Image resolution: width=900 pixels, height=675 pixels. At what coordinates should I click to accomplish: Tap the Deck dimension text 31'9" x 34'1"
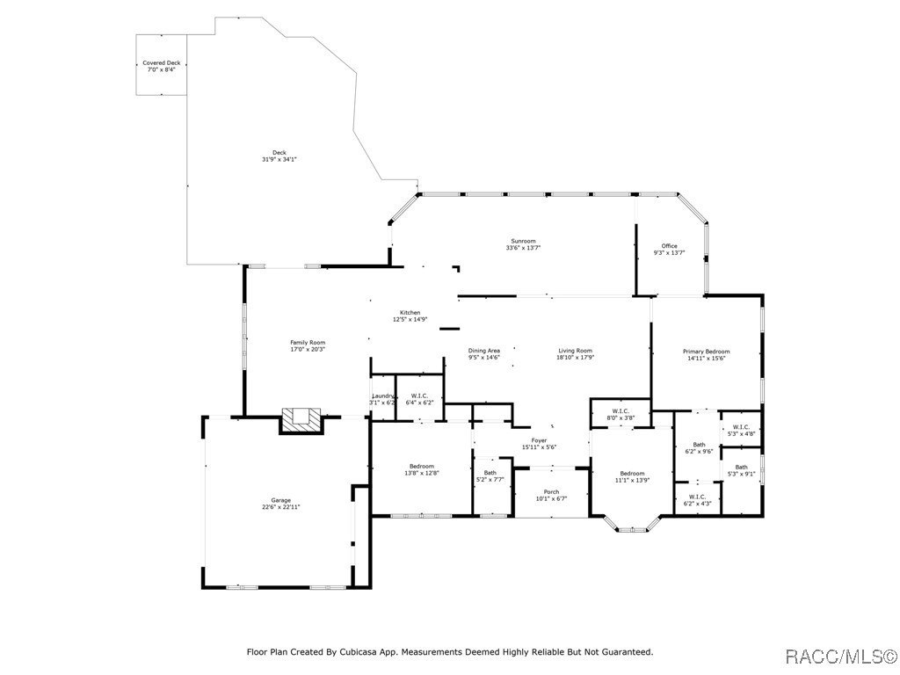[x=279, y=160]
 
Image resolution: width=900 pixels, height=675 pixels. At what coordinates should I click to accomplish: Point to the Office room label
[x=669, y=245]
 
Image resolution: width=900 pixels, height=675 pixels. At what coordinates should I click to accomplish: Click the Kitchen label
[x=410, y=313]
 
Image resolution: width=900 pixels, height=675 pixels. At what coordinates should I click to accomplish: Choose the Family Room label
[x=308, y=342]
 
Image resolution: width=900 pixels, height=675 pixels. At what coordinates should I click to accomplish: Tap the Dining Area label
[x=483, y=351]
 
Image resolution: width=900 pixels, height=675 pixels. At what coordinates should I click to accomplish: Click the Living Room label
[x=575, y=351]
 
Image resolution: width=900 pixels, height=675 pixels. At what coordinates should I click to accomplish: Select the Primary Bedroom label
[x=706, y=352]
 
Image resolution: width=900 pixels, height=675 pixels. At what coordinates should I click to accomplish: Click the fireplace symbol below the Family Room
[x=302, y=420]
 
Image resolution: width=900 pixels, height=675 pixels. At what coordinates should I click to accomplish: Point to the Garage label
[x=280, y=500]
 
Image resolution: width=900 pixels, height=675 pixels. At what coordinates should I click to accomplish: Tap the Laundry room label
[x=382, y=396]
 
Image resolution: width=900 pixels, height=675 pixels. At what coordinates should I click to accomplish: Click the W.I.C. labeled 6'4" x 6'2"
[x=419, y=396]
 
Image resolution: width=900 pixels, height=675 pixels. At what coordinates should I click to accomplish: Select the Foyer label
[x=539, y=440]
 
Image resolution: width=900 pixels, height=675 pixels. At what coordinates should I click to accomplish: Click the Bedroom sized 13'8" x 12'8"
[x=421, y=466]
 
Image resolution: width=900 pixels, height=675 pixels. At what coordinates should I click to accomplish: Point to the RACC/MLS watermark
[x=840, y=656]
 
